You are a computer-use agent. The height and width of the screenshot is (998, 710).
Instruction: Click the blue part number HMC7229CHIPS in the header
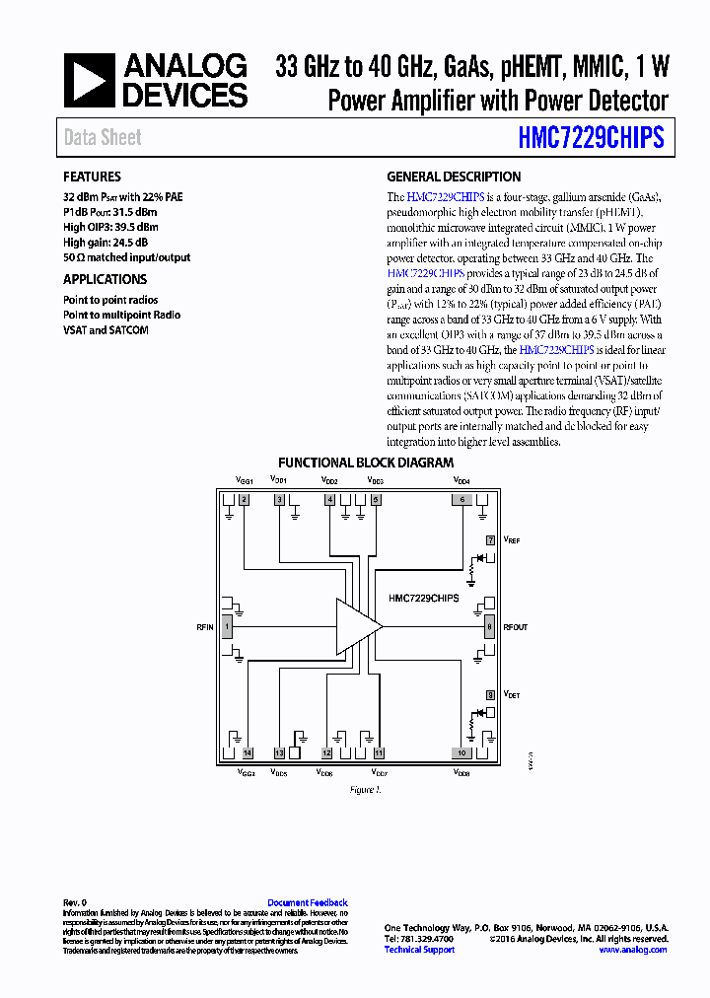(x=591, y=138)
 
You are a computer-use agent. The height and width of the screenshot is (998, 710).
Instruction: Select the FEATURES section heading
(x=92, y=177)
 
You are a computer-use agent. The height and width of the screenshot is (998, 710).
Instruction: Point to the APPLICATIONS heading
(x=105, y=279)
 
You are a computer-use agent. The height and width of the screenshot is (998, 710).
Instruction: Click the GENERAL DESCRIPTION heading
(x=454, y=177)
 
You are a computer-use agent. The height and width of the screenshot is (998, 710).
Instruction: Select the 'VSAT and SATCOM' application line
(x=106, y=330)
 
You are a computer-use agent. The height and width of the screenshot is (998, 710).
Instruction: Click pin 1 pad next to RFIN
(x=228, y=626)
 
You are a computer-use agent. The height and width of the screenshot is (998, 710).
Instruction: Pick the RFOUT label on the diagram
(x=516, y=626)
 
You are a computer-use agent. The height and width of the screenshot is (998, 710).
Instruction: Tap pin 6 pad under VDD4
(x=461, y=500)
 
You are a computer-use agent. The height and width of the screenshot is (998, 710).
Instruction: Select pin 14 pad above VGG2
(x=248, y=752)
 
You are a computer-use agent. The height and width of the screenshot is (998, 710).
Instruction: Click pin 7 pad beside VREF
(x=490, y=540)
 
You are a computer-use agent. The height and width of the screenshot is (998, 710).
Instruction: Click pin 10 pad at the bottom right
(x=461, y=752)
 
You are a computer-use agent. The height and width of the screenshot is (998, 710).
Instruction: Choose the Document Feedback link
(x=308, y=902)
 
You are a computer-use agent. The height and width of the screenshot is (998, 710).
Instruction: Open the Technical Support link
(x=419, y=950)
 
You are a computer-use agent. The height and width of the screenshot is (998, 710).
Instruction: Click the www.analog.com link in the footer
(x=632, y=950)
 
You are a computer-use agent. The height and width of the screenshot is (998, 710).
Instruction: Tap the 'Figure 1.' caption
(x=365, y=790)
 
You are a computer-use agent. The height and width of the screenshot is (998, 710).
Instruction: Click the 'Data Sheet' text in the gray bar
(x=103, y=138)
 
